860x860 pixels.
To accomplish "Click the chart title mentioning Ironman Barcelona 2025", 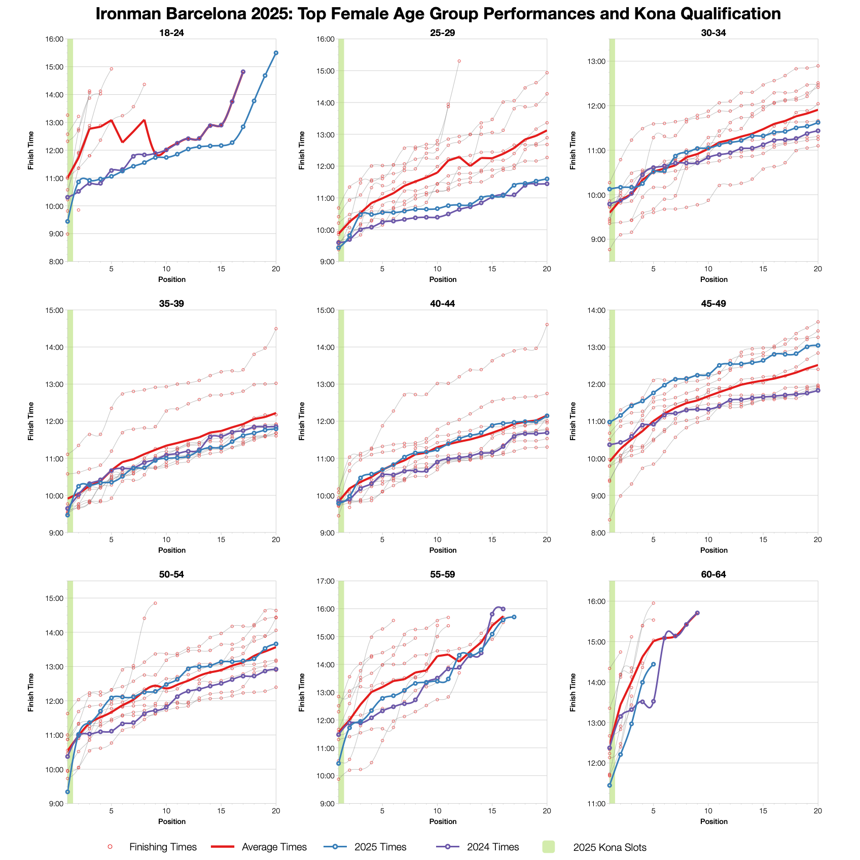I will click(438, 14).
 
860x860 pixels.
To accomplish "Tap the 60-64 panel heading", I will click(713, 575).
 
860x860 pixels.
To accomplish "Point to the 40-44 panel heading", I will click(443, 304).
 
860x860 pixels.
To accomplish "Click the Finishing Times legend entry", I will click(163, 847).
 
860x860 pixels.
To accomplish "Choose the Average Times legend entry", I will click(274, 847).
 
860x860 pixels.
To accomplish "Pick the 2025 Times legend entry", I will click(380, 847).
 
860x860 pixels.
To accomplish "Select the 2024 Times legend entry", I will click(493, 847).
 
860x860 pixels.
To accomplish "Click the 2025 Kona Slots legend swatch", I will click(549, 847).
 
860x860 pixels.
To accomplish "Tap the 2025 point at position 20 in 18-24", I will click(276, 53).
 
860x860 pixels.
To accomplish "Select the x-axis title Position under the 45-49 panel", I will click(713, 550).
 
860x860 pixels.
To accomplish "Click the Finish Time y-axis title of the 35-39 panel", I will click(31, 421).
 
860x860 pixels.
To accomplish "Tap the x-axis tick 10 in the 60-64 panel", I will click(708, 811).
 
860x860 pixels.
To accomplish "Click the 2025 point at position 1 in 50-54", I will click(67, 792).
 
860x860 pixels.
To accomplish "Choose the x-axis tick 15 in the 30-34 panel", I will click(763, 269).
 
